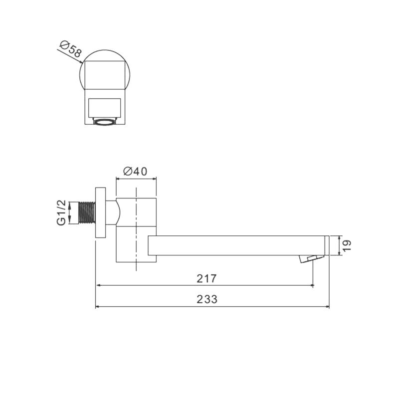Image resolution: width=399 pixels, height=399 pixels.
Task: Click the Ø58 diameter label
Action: click(x=71, y=49)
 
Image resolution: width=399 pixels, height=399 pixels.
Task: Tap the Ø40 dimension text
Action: click(x=135, y=171)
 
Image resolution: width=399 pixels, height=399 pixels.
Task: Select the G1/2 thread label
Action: click(x=61, y=213)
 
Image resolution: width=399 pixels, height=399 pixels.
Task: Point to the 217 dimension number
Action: click(x=206, y=278)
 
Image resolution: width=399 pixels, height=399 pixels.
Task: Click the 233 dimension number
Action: click(x=207, y=299)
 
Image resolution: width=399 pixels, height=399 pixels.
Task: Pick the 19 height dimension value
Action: click(x=347, y=245)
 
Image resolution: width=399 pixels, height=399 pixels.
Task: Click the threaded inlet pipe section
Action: click(x=87, y=213)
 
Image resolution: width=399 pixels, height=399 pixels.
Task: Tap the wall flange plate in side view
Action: click(x=101, y=213)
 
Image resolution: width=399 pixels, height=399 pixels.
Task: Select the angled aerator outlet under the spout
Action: click(x=311, y=258)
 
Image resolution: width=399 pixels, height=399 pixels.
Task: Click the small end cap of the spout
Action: click(x=327, y=245)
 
